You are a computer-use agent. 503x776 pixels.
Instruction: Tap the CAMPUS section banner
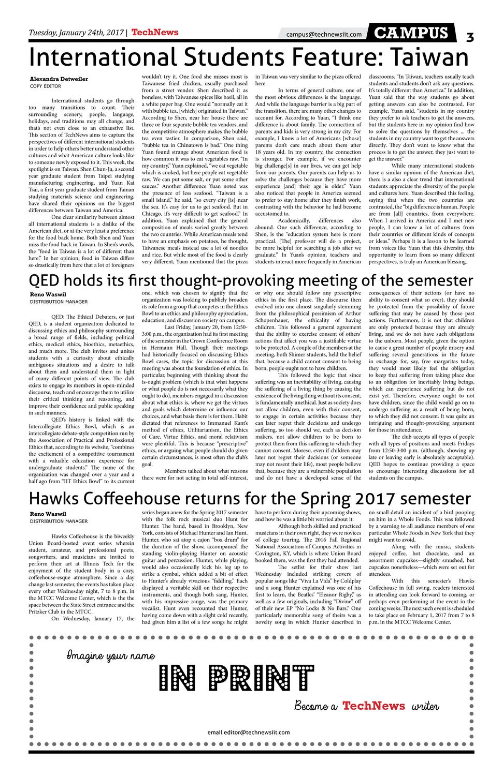point(411,34)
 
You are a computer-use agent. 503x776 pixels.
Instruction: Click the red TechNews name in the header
point(155,32)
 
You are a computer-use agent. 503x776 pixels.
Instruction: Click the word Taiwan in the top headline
point(429,57)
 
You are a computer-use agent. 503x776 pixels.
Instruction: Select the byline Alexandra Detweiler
point(59,79)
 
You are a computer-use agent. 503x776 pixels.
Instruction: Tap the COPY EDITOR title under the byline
point(46,86)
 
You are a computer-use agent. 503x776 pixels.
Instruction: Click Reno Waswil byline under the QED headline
point(48,294)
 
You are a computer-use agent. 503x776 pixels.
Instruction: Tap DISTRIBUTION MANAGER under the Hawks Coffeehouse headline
point(59,521)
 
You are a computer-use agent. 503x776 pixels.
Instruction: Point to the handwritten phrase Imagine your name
point(110,656)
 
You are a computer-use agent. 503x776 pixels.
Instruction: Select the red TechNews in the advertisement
point(374,706)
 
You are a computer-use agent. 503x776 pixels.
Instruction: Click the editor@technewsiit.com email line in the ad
point(249,732)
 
